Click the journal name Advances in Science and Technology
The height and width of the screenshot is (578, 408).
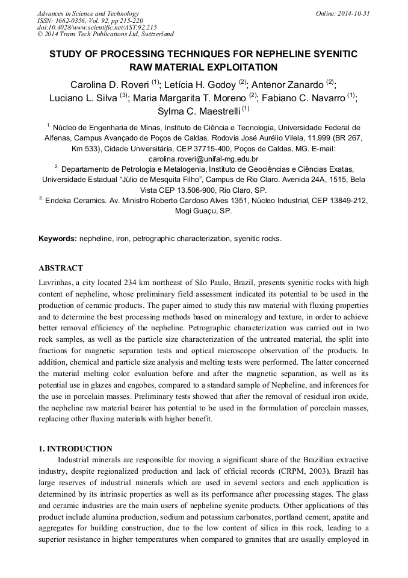click(88, 13)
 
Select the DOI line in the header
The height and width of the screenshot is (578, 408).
click(96, 27)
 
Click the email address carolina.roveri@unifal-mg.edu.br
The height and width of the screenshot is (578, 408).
click(203, 159)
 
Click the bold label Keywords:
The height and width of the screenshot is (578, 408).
click(58, 239)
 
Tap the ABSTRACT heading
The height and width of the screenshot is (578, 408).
click(61, 268)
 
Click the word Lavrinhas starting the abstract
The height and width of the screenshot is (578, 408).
click(58, 282)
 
